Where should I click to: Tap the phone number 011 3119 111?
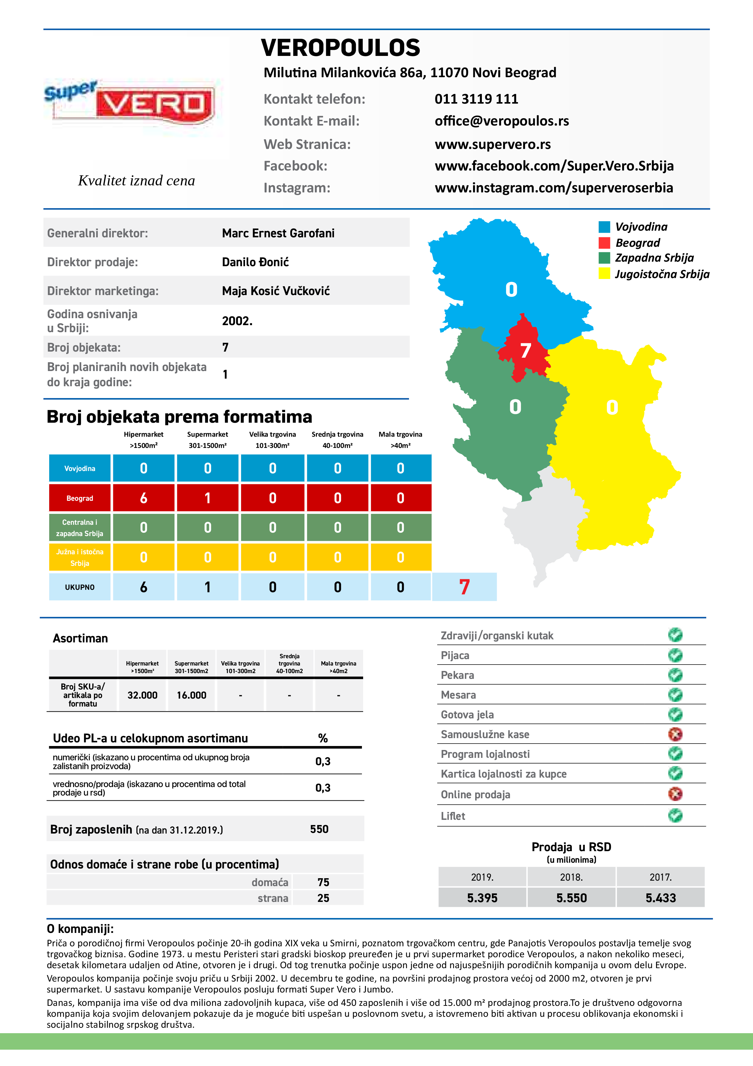pos(476,99)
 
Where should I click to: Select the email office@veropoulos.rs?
pos(502,121)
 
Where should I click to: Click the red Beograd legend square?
pos(604,243)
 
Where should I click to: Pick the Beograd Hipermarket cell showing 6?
pos(144,498)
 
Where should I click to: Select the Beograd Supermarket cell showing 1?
pos(207,498)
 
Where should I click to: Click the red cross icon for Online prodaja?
pos(675,794)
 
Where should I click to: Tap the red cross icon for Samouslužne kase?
pos(675,734)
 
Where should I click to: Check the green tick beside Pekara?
pos(675,675)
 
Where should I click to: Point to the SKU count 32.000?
pos(142,695)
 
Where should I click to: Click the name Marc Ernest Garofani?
pos(278,233)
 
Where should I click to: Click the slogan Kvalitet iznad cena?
pos(136,181)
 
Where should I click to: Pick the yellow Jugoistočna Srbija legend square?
pos(604,273)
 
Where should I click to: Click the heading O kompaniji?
pos(80,929)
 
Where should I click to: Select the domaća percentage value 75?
pos(323,882)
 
